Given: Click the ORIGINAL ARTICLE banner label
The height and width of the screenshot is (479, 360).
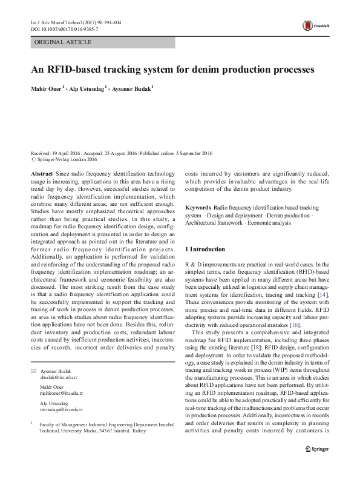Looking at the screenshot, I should pos(64,42).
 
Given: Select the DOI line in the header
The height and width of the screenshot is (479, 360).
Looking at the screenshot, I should pos(67,28).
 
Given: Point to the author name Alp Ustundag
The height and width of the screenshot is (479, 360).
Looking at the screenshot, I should pos(88,88).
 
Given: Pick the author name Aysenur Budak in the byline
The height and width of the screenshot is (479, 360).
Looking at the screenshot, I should pos(133,88).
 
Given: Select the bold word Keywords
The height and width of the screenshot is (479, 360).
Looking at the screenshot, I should pos(197,206).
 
